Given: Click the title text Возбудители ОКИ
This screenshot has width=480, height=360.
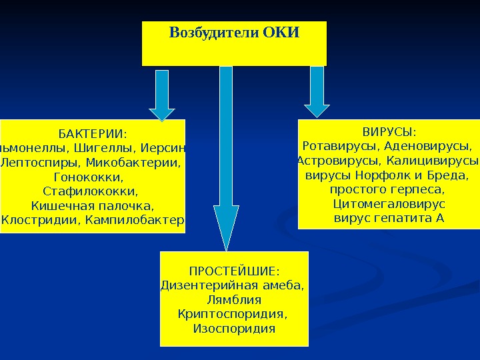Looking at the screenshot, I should click(234, 33).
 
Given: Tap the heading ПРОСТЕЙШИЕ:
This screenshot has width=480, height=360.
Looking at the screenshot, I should click(234, 271).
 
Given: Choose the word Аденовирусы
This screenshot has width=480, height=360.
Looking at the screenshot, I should click(433, 145).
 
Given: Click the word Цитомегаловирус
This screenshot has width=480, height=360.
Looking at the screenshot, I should click(389, 203).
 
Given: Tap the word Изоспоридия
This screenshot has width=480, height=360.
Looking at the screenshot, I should click(233, 329).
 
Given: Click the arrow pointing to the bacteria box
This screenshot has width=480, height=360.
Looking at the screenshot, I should click(161, 97).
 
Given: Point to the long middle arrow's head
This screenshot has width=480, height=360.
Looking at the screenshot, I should click(226, 227).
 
